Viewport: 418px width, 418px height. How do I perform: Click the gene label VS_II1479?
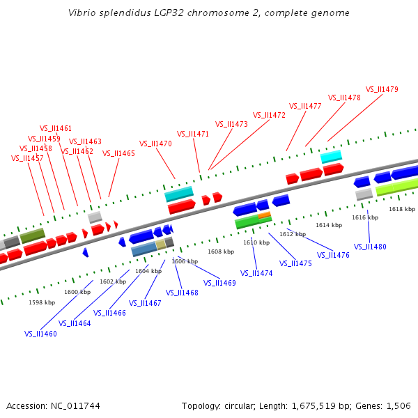tap(382, 89)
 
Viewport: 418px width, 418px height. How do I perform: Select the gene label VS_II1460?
tap(40, 334)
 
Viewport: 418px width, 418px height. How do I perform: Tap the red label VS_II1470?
tap(155, 144)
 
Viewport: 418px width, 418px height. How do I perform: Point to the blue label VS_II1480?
tap(370, 247)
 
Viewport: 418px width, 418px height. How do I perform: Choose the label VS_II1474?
tap(256, 273)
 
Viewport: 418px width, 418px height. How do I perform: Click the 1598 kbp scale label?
tap(42, 302)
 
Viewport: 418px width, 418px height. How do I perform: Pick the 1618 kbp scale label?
tap(402, 209)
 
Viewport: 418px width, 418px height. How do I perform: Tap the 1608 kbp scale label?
tap(221, 251)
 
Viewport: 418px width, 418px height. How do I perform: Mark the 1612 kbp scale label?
tap(293, 234)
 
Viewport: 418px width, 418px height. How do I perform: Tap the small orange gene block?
tap(264, 215)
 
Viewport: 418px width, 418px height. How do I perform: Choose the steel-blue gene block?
tap(144, 249)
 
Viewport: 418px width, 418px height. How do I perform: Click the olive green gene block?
tap(32, 236)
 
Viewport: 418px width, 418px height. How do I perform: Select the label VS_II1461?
tap(56, 128)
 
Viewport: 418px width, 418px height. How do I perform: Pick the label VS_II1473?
tap(231, 124)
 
